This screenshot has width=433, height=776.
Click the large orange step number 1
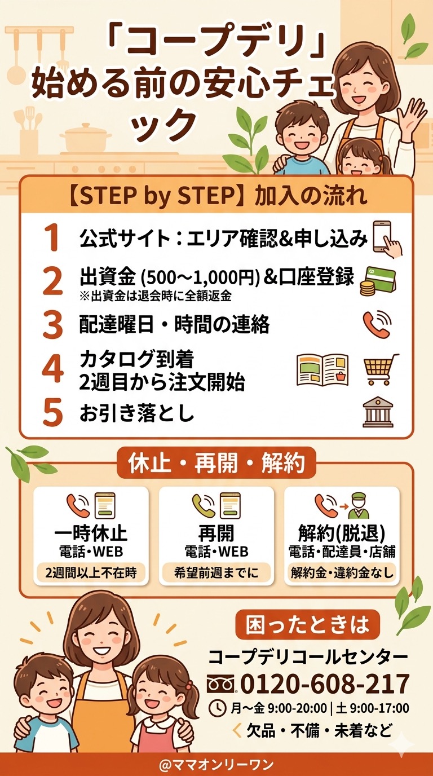(x=52, y=237)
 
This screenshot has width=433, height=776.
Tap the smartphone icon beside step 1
(x=387, y=239)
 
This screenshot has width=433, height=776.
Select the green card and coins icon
(x=378, y=281)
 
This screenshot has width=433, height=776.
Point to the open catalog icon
(x=322, y=370)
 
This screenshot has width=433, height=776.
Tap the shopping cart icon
(x=381, y=369)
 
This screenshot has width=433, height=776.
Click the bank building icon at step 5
(x=378, y=412)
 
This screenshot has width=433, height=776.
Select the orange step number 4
(x=52, y=369)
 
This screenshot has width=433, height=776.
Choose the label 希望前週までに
(x=216, y=572)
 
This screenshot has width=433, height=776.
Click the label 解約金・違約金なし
(x=342, y=572)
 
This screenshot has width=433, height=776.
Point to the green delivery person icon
(x=359, y=506)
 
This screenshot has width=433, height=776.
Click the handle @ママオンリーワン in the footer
(x=216, y=764)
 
